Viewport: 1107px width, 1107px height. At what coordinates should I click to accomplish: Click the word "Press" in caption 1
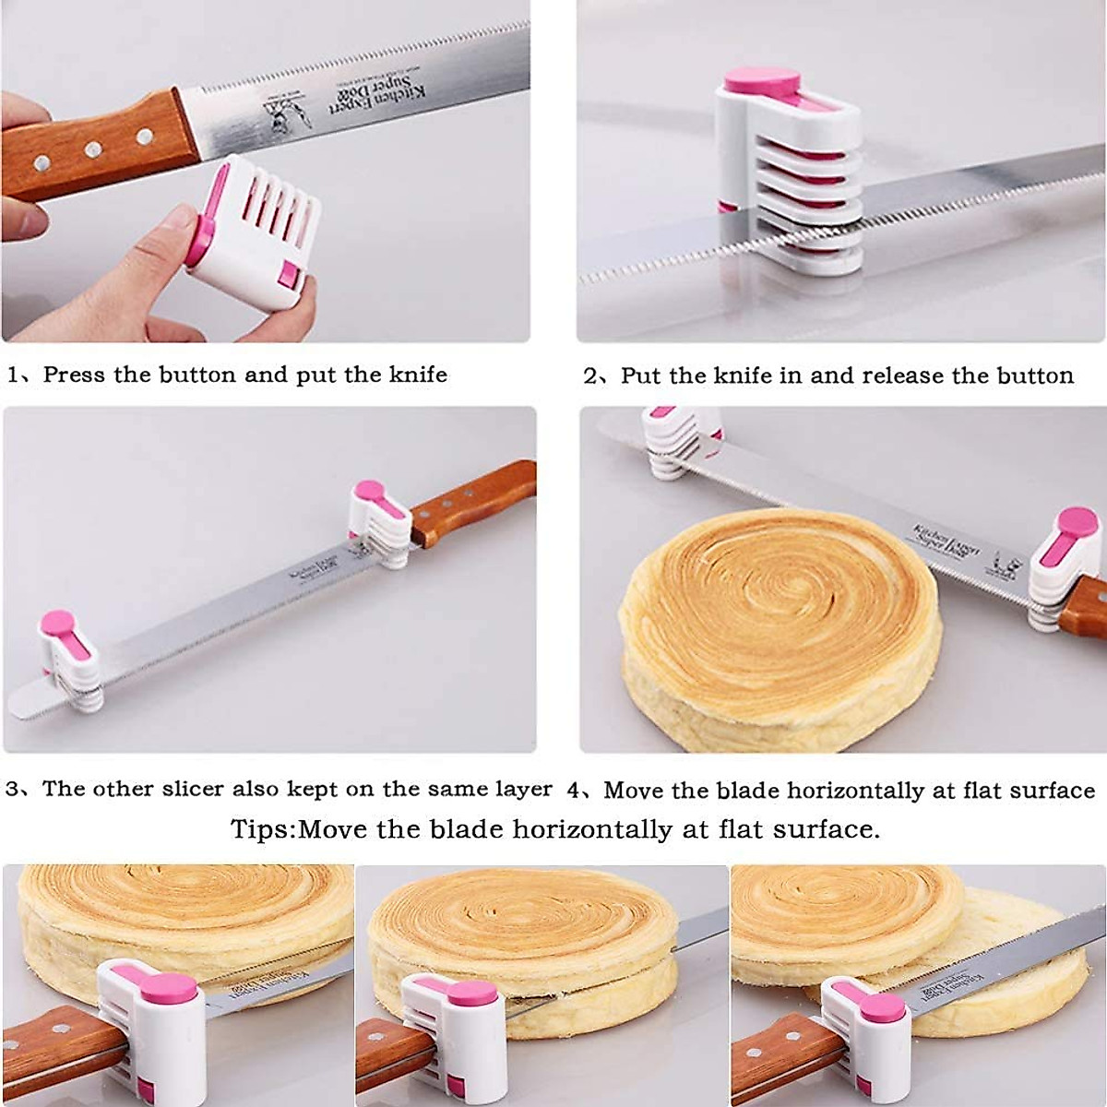tap(75, 375)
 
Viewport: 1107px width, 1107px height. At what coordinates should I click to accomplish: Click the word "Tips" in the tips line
tap(261, 828)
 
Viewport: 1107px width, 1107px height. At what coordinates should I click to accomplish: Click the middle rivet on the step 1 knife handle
tap(93, 149)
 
